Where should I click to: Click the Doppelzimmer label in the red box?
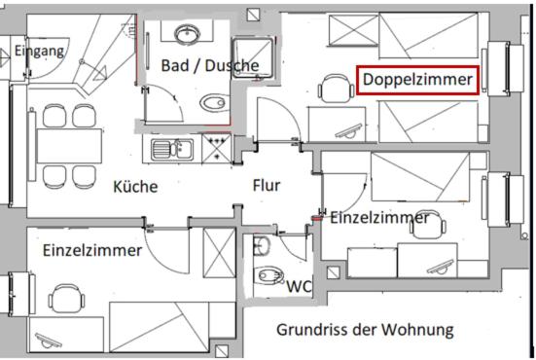tap(418, 79)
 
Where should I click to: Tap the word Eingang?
tap(41, 50)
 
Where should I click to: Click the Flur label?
tap(267, 185)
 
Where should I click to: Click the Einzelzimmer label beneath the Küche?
tap(92, 250)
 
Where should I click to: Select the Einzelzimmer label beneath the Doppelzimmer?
tap(379, 218)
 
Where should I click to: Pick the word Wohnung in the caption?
tap(420, 330)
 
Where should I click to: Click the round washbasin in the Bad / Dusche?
tap(185, 34)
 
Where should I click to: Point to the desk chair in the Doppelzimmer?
tap(336, 93)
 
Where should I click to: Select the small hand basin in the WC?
tap(261, 243)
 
